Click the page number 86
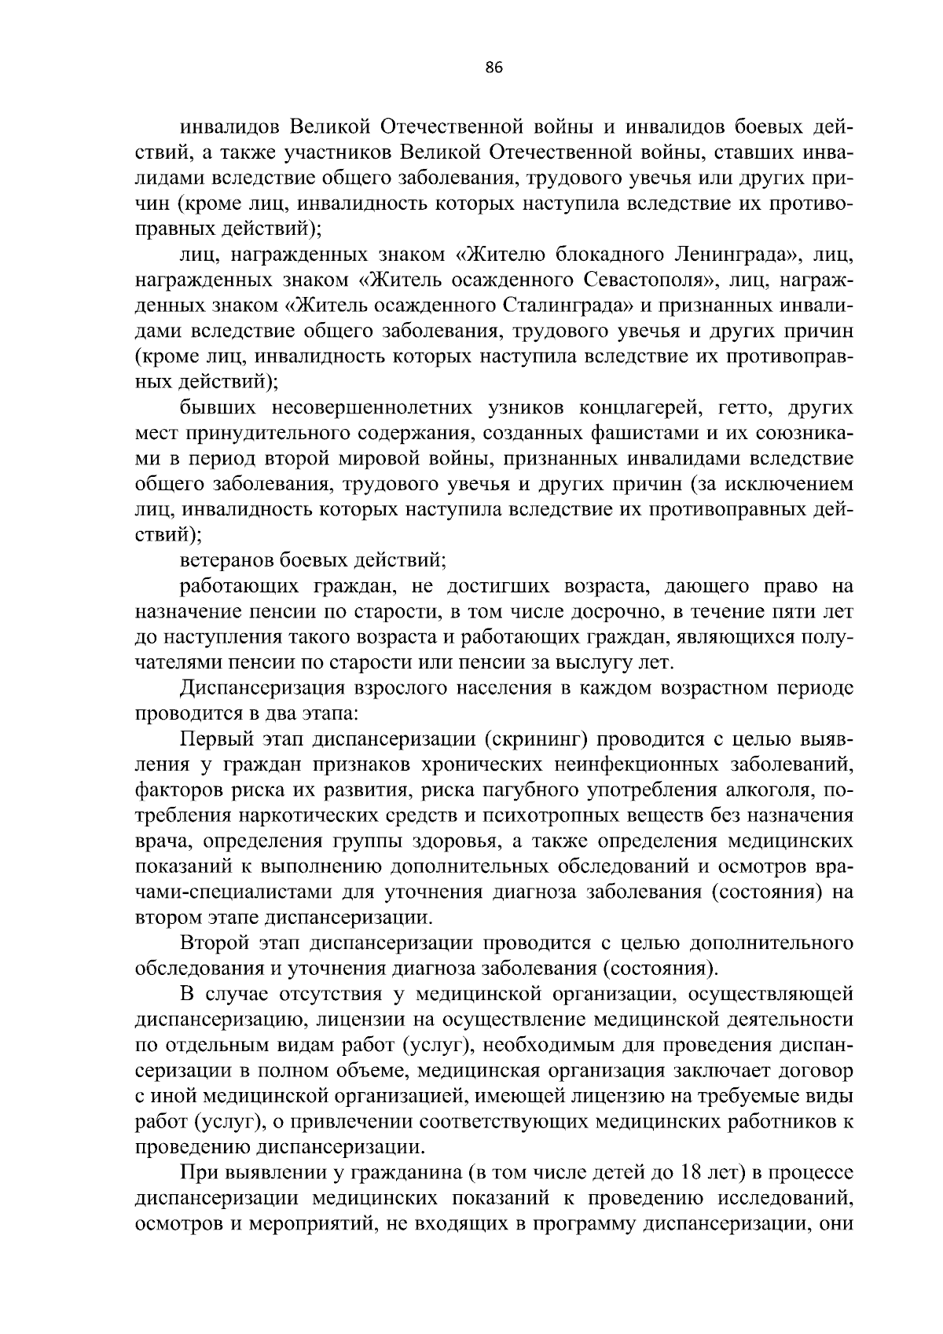(494, 68)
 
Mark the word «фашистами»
(649, 433)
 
